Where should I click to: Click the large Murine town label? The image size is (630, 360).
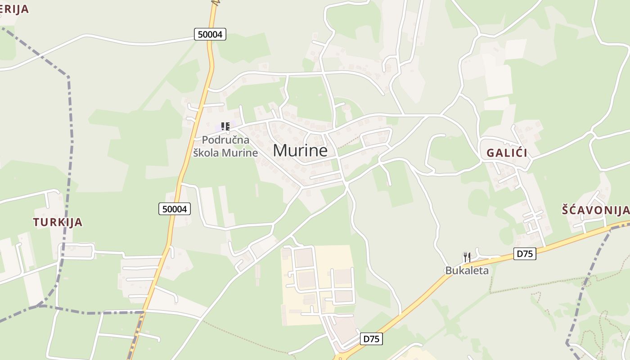pyautogui.click(x=300, y=150)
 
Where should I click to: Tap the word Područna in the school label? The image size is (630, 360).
pyautogui.click(x=225, y=140)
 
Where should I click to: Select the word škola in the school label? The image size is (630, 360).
pyautogui.click(x=208, y=153)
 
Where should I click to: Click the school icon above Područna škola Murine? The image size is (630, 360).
pyautogui.click(x=225, y=126)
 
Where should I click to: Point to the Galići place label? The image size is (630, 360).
pyautogui.click(x=507, y=153)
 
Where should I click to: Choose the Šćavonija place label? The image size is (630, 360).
pyautogui.click(x=595, y=210)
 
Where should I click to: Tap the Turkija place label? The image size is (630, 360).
pyautogui.click(x=58, y=222)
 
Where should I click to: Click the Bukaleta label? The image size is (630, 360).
pyautogui.click(x=467, y=270)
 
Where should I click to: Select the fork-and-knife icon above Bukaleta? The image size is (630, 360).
pyautogui.click(x=467, y=257)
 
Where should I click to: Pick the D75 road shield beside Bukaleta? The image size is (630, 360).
pyautogui.click(x=525, y=254)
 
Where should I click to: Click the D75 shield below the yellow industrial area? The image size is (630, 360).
pyautogui.click(x=371, y=339)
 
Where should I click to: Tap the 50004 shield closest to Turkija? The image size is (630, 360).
pyautogui.click(x=175, y=209)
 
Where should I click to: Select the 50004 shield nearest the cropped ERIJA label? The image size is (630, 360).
pyautogui.click(x=210, y=34)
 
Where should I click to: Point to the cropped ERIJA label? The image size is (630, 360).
pyautogui.click(x=14, y=9)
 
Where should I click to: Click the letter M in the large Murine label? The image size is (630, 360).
pyautogui.click(x=280, y=150)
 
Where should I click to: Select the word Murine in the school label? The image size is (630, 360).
pyautogui.click(x=242, y=153)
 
